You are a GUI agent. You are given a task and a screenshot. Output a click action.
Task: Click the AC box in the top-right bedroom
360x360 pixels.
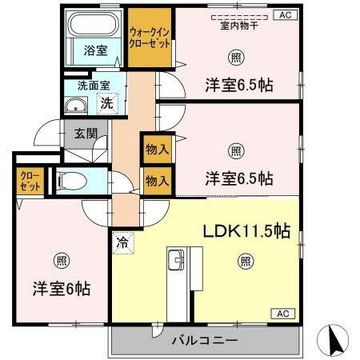pyautogui.click(x=285, y=14)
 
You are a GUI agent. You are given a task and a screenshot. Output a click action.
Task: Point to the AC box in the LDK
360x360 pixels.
pyautogui.click(x=285, y=314)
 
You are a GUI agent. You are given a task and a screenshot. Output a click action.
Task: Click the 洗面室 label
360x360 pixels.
pyautogui.click(x=93, y=86)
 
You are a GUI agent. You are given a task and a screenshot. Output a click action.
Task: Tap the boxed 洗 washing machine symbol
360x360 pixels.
pyautogui.click(x=106, y=102)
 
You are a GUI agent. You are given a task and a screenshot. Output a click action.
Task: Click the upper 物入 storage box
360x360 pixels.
pyautogui.click(x=157, y=148)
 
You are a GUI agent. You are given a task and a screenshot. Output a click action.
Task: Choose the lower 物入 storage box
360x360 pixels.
pyautogui.click(x=157, y=181)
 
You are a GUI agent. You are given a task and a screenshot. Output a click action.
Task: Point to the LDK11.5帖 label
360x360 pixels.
pyautogui.click(x=246, y=231)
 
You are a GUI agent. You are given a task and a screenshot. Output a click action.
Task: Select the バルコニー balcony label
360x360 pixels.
pyautogui.click(x=204, y=341)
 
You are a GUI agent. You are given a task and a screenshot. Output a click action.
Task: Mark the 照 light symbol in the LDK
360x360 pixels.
pyautogui.click(x=246, y=260)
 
